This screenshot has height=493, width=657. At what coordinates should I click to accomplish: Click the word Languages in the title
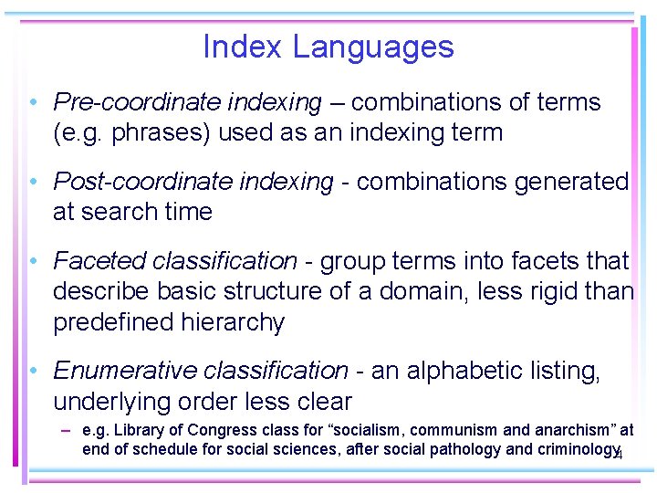pyautogui.click(x=373, y=47)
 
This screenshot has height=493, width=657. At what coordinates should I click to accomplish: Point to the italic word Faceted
pyautogui.click(x=98, y=261)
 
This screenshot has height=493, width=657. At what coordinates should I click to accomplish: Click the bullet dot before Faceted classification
pyautogui.click(x=32, y=262)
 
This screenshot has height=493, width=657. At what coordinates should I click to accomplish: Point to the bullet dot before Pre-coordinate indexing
pyautogui.click(x=32, y=103)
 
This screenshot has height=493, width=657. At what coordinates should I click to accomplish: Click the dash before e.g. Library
pyautogui.click(x=68, y=430)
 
